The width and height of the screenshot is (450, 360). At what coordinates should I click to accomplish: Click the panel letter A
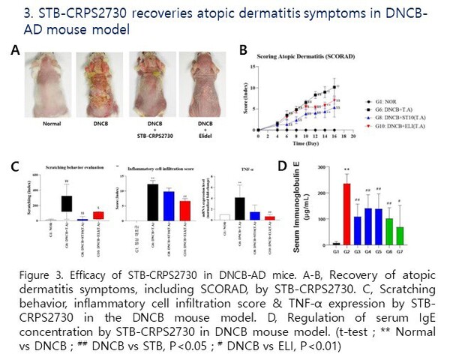coord(15,50)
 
